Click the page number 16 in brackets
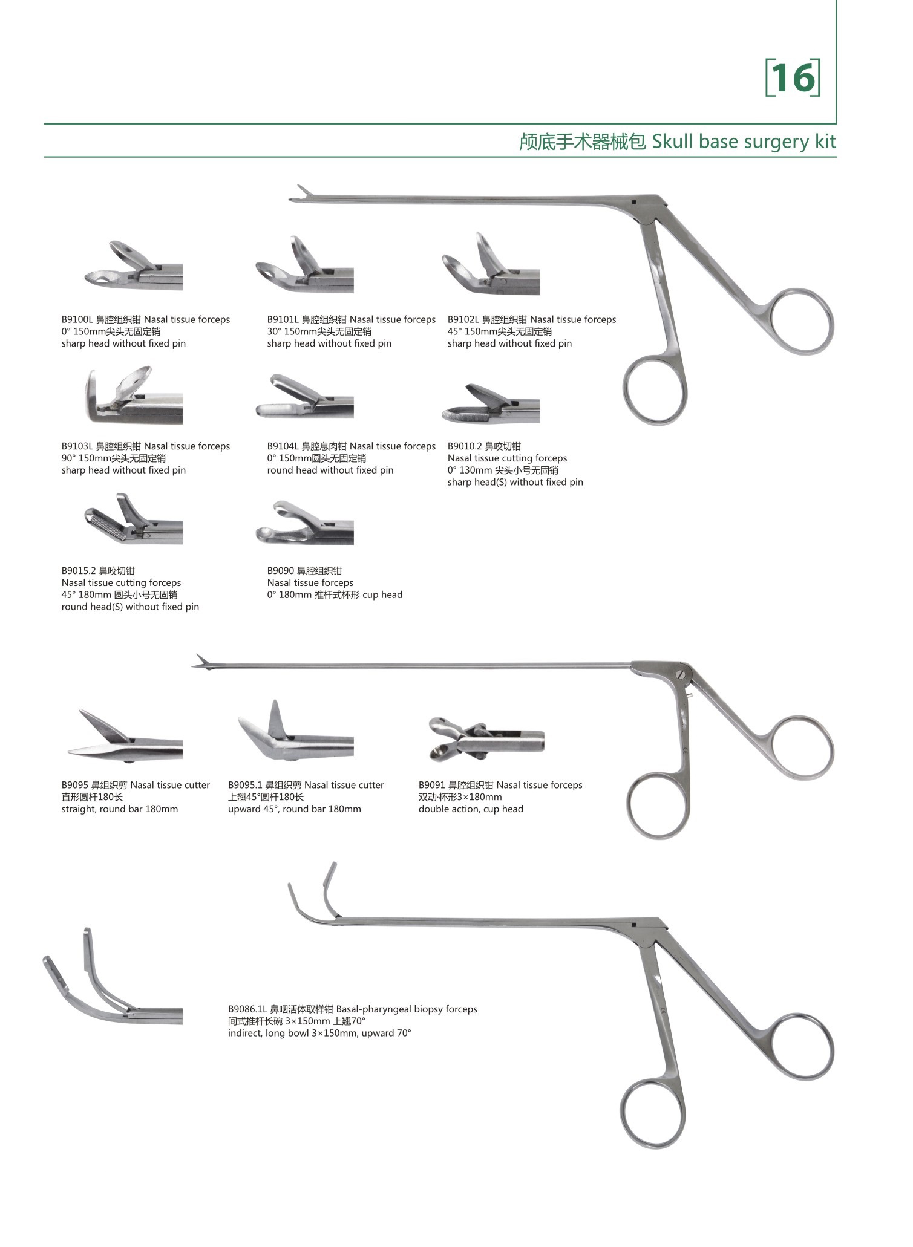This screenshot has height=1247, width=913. [793, 77]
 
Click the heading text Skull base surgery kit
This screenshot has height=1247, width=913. [744, 142]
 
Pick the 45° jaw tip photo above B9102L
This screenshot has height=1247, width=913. [491, 264]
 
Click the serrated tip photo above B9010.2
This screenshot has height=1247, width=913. [491, 403]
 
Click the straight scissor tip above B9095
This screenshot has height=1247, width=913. [125, 736]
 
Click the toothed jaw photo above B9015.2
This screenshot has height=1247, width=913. [133, 518]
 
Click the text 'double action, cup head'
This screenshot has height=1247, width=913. [471, 809]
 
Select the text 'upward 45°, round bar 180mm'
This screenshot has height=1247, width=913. [295, 809]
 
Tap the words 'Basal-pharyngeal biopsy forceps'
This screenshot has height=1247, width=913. [407, 1009]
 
